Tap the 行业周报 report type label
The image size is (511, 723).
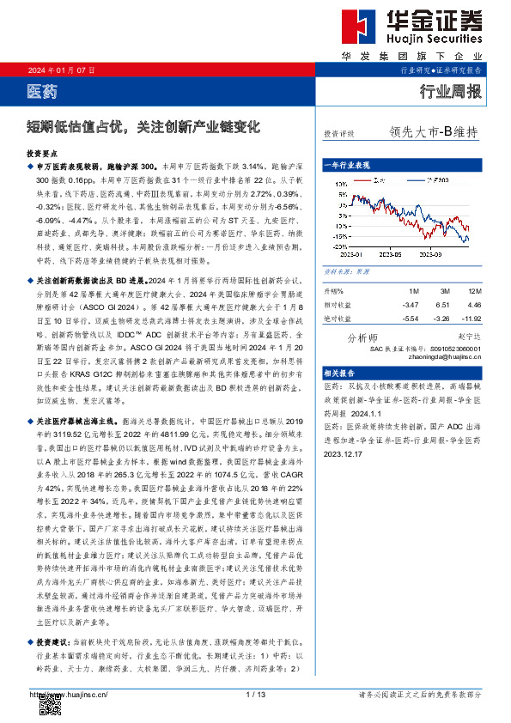tap(449, 90)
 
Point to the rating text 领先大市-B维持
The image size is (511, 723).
tap(433, 132)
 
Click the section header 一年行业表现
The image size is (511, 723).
tap(347, 164)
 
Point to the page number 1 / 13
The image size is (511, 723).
tap(255, 693)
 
